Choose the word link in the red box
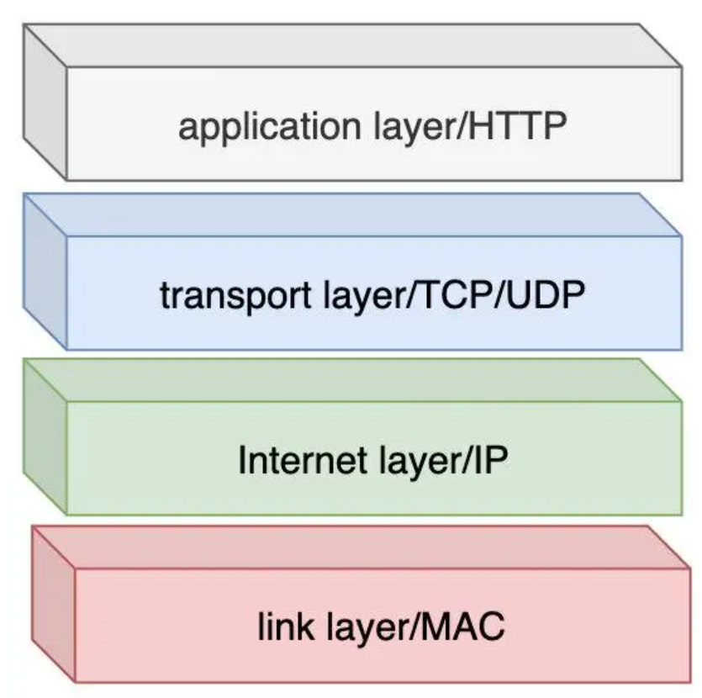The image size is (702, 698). tap(277, 627)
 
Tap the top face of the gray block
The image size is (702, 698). tap(353, 45)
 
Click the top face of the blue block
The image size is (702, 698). tap(353, 215)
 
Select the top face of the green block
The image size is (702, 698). tap(353, 380)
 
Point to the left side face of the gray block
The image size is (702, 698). tap(45, 101)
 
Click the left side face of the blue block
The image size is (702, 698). tap(45, 271)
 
